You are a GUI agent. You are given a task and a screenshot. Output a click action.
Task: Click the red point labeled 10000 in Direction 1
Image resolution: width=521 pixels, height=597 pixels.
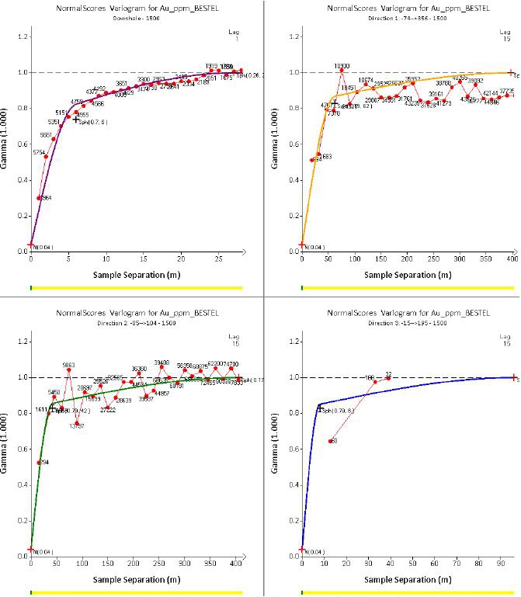point(341,71)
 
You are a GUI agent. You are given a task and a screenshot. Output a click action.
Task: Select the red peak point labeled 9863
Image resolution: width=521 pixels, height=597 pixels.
point(68,370)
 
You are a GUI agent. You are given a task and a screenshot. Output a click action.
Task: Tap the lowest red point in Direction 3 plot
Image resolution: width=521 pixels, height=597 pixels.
point(332,441)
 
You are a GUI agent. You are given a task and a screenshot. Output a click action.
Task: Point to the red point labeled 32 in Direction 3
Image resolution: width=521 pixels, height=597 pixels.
point(388,378)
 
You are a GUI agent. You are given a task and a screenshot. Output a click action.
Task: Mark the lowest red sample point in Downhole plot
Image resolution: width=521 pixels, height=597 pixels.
point(39,197)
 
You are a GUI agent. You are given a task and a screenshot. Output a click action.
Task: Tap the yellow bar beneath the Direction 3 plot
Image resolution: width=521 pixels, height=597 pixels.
point(408,592)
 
